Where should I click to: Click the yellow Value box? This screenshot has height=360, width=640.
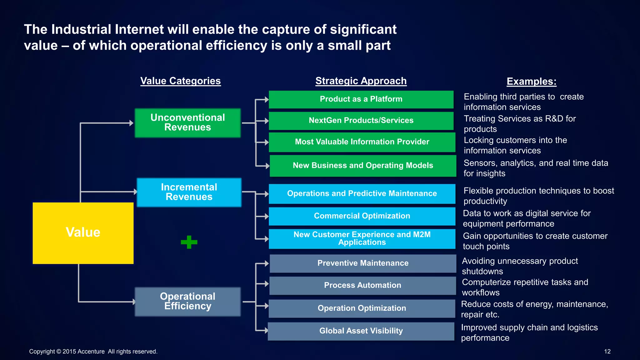click(83, 233)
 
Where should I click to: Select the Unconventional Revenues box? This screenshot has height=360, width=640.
click(187, 123)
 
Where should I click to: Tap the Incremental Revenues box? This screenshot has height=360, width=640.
click(189, 192)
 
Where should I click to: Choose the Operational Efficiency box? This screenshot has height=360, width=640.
click(187, 302)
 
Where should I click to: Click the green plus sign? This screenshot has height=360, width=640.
click(189, 242)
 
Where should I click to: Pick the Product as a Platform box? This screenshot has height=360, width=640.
click(361, 99)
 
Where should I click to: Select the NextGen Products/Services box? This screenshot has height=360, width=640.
click(361, 121)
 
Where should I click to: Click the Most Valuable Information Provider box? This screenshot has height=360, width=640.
click(362, 142)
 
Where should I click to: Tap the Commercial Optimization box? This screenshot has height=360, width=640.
click(362, 216)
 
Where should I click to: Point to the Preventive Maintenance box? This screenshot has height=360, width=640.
click(362, 263)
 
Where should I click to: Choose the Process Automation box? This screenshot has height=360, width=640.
click(362, 285)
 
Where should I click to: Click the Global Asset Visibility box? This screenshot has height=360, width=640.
click(361, 331)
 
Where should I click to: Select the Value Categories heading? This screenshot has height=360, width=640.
click(180, 81)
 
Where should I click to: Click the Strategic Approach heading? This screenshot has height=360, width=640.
click(361, 81)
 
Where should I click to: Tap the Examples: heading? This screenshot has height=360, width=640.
click(531, 82)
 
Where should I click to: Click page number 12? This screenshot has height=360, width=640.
click(607, 352)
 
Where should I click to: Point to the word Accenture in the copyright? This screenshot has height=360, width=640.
click(91, 352)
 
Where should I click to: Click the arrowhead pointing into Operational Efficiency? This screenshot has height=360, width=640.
click(134, 302)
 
